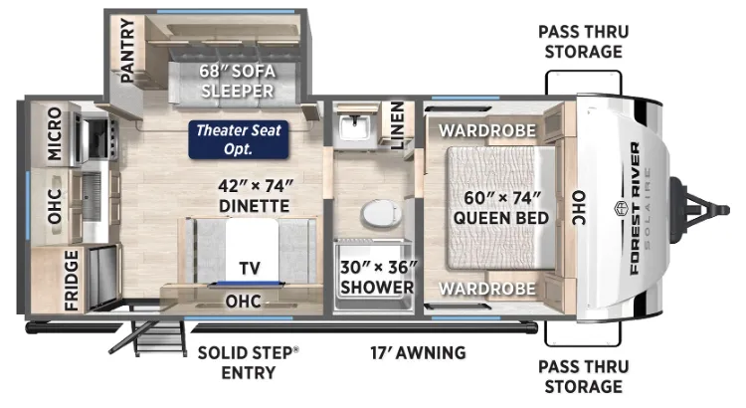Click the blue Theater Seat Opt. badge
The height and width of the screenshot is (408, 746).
[x=239, y=139]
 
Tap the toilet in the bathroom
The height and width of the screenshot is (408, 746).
[x=381, y=214]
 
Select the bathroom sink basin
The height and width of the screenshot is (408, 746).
[x=354, y=127]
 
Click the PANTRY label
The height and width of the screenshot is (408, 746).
[x=127, y=50]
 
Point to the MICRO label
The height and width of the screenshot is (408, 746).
[x=55, y=133]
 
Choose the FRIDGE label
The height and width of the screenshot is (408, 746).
[x=71, y=281]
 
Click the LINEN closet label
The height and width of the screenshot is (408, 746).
[x=397, y=125]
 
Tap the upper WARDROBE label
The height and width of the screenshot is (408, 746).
[x=487, y=130]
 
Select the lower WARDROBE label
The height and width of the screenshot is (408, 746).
[x=487, y=289]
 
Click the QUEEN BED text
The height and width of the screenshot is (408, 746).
[x=501, y=218]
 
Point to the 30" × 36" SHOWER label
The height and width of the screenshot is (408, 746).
[x=378, y=277]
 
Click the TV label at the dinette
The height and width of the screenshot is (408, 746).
[x=250, y=268]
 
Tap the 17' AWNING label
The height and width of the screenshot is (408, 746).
[x=418, y=353]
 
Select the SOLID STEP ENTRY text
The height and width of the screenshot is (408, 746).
[x=249, y=363]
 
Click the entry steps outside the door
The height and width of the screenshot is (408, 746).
[x=150, y=337]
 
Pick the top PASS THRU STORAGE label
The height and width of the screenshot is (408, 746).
[x=583, y=42]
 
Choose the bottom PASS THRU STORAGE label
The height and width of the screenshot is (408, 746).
[x=583, y=376]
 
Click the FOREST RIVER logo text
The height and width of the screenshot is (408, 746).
[x=635, y=209]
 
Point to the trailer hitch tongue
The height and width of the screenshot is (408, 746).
[x=699, y=210]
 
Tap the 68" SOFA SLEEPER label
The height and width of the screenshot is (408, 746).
[x=238, y=81]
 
